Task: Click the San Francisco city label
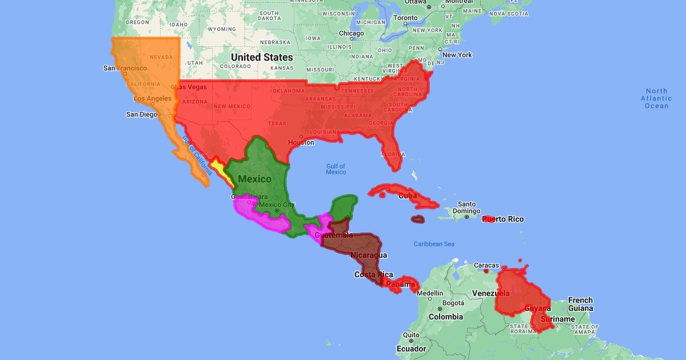point(125,68)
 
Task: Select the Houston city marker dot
point(301,137)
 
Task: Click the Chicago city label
point(352,33)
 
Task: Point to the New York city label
point(457,55)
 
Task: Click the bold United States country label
point(262,57)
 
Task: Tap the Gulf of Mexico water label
point(336,169)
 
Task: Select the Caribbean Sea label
point(434,244)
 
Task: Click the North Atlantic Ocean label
point(656,98)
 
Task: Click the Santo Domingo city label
point(466,207)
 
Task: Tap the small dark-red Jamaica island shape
point(418,219)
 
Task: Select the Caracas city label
point(486,265)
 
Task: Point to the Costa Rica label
point(373,274)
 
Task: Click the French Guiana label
point(580,304)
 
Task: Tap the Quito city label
point(411,335)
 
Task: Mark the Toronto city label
point(406,18)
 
